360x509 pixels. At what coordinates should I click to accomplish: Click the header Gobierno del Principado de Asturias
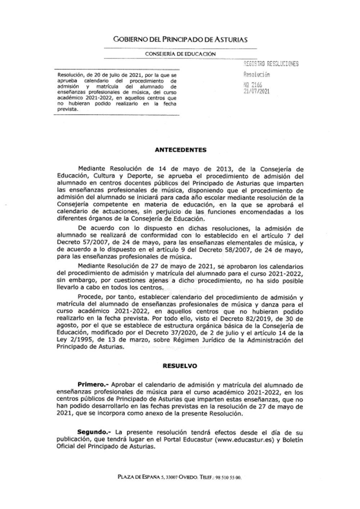coord(180,39)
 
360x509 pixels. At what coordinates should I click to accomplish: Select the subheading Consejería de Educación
coord(180,54)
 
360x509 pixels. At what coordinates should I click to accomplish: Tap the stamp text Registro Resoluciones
coord(271,64)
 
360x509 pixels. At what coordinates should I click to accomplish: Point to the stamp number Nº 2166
coord(253,85)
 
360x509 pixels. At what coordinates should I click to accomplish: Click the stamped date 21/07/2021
coord(257,91)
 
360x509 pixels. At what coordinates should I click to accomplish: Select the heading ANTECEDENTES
coord(180,150)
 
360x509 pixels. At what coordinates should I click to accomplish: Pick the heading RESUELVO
coord(180,366)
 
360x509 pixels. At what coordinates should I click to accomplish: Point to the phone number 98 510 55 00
coord(228,478)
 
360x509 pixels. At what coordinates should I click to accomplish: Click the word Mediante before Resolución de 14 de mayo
coord(92,169)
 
